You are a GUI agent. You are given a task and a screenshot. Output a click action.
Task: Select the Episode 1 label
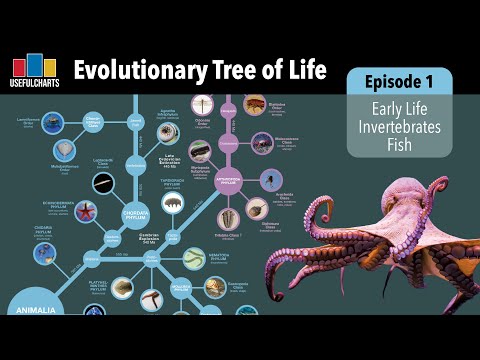[399, 81]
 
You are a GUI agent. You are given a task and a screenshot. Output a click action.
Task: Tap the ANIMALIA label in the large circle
[32, 310]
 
